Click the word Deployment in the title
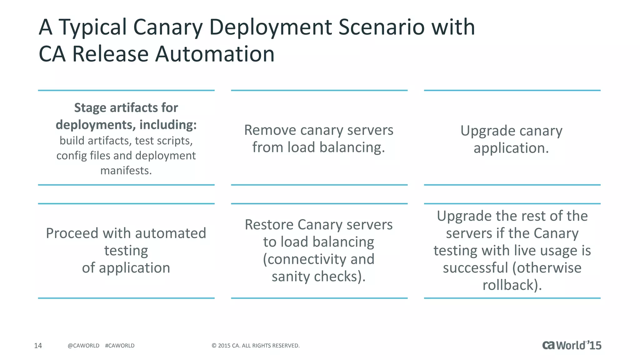270,27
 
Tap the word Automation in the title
215,54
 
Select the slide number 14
38,345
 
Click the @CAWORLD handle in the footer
83,346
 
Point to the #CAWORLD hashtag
120,346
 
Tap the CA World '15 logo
572,345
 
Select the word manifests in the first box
126,171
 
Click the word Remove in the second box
270,130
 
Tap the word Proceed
72,233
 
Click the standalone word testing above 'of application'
126,251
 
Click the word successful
475,268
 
